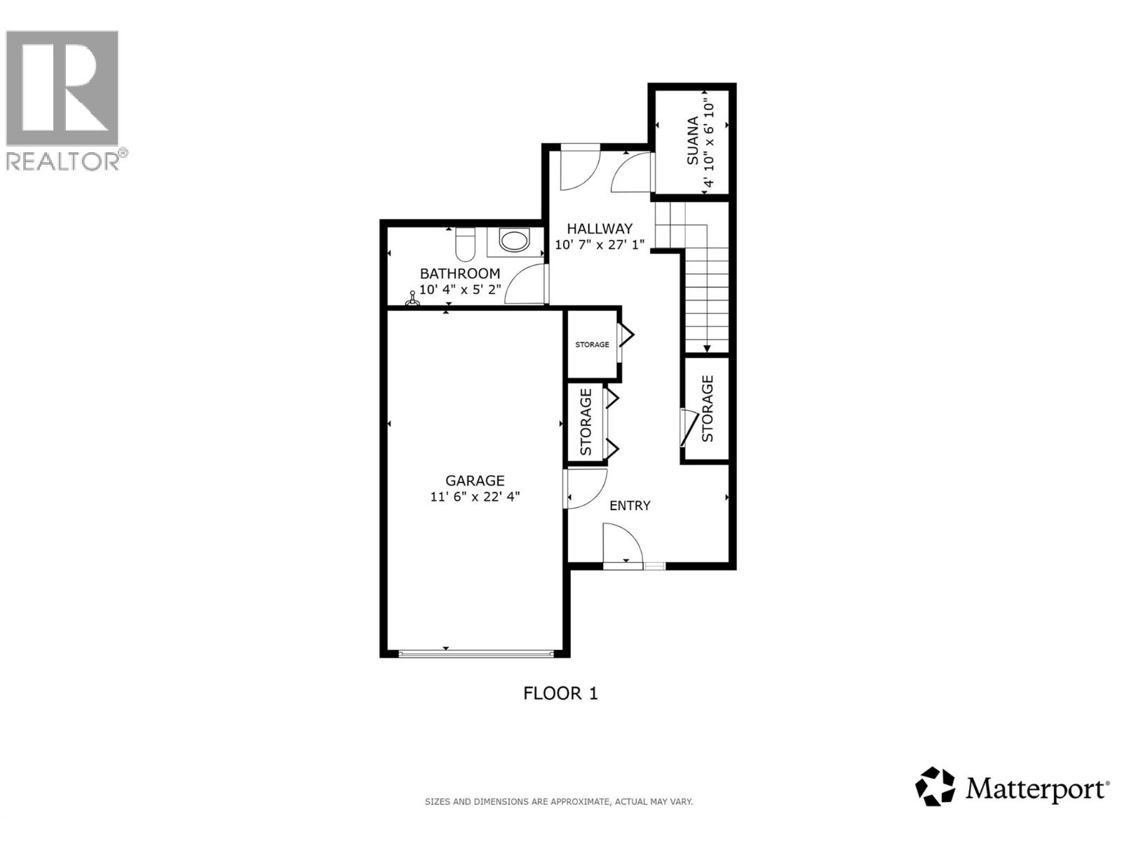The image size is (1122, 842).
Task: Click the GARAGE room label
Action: click(475, 481)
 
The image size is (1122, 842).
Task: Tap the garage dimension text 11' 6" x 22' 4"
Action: click(475, 497)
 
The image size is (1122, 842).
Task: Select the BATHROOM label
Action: click(459, 274)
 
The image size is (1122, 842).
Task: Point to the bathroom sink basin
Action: click(514, 241)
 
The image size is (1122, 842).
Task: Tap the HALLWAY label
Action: click(600, 229)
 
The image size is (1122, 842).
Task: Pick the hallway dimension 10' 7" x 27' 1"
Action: click(600, 245)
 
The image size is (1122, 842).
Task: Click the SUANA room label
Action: click(693, 141)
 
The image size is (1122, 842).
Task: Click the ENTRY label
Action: click(630, 505)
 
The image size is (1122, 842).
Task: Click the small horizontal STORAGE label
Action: click(592, 345)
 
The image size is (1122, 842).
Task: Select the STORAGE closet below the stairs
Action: click(707, 409)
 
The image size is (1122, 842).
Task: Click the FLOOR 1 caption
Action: click(560, 693)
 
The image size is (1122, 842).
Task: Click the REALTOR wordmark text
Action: click(63, 161)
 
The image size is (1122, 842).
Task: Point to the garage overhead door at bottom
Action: click(475, 654)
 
